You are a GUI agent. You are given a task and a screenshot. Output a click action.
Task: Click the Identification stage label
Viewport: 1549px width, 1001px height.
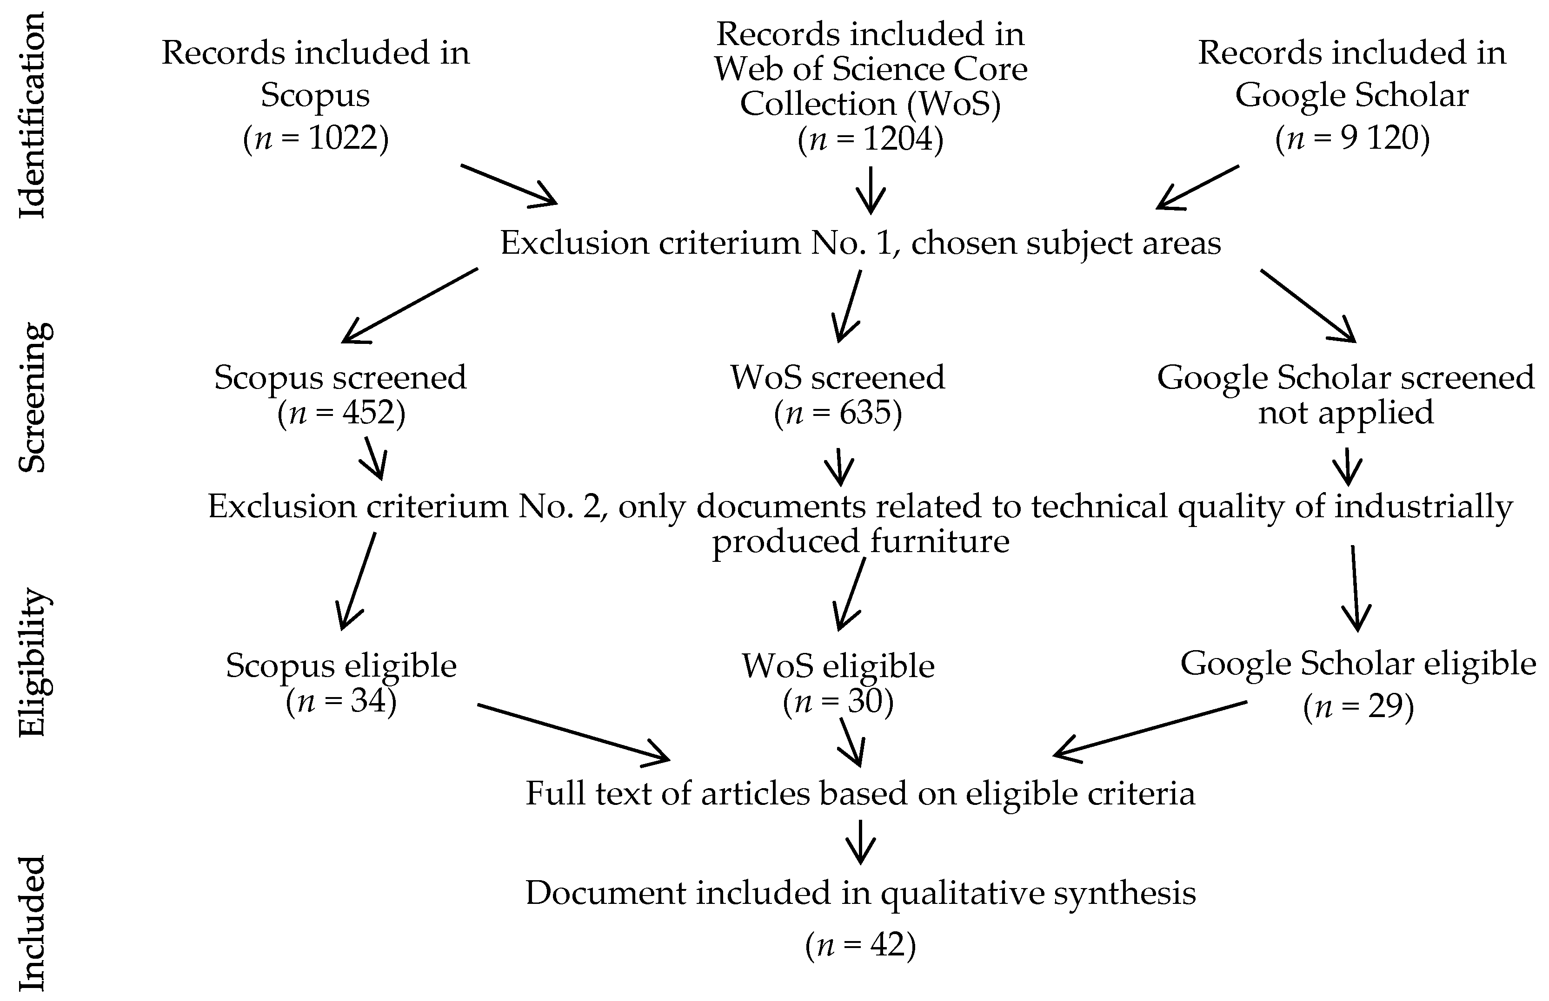[x=31, y=116]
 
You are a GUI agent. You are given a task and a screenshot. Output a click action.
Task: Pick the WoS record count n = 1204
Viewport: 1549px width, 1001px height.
[x=870, y=138]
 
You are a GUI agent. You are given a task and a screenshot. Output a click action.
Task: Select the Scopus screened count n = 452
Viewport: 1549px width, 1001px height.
[x=341, y=413]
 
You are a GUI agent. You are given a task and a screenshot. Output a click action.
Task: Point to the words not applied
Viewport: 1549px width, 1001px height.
[x=1345, y=413]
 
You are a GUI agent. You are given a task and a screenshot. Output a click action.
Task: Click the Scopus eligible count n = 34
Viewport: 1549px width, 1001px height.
[x=341, y=701]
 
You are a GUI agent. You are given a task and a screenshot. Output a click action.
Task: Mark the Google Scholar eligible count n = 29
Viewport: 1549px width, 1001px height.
[x=1358, y=706]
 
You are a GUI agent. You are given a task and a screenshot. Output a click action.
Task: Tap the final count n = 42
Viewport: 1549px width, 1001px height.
[x=860, y=944]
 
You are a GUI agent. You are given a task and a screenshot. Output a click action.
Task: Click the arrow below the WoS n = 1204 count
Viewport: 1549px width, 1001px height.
[x=870, y=190]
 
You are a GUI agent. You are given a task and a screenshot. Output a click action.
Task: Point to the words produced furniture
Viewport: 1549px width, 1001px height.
[x=860, y=541]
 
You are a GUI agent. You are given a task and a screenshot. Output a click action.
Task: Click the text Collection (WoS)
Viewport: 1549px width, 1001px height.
[x=870, y=104]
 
